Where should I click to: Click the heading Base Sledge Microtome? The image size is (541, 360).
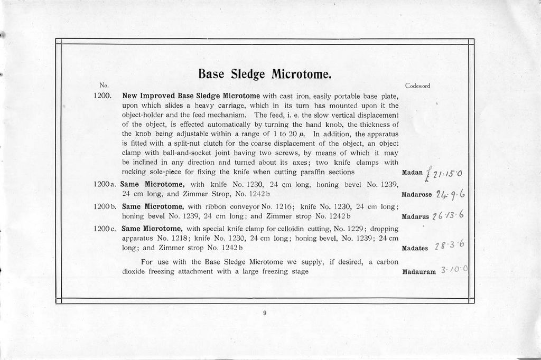[265, 73]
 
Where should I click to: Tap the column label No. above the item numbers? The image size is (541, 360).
[104, 85]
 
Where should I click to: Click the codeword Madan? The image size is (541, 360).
[412, 173]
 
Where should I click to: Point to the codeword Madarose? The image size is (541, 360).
[417, 194]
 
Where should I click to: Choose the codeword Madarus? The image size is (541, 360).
[416, 216]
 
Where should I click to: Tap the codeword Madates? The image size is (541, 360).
[415, 249]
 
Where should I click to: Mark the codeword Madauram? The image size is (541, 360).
[419, 271]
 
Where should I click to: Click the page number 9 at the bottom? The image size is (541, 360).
[265, 313]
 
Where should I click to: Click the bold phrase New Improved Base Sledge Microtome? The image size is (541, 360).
[191, 96]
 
